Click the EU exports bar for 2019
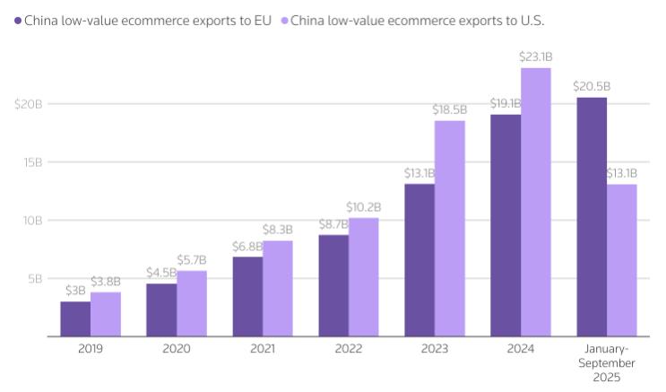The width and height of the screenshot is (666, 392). [x=75, y=318]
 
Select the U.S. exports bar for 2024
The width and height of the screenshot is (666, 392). [x=535, y=202]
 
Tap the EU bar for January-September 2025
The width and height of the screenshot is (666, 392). [x=592, y=216]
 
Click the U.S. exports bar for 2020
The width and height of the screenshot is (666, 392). [x=191, y=303]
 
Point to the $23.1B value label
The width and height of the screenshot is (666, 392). [x=535, y=57]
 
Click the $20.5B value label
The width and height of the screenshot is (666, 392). [x=592, y=86]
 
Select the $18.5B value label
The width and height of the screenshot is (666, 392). [x=449, y=109]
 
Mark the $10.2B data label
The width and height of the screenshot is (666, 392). [x=363, y=206]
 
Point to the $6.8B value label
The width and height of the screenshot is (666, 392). [x=247, y=246]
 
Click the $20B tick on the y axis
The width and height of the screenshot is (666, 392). [x=29, y=104]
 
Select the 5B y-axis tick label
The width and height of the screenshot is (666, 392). [x=34, y=279]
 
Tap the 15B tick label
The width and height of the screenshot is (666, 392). [x=32, y=162]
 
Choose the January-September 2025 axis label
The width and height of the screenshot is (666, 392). [x=606, y=363]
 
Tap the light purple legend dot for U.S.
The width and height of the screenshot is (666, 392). [x=284, y=18]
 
